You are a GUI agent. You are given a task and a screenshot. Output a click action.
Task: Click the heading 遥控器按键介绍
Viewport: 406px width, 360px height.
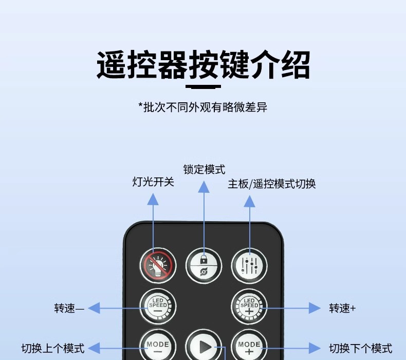click(203, 65)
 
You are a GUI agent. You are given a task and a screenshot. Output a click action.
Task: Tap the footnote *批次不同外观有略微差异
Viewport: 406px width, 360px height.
click(203, 107)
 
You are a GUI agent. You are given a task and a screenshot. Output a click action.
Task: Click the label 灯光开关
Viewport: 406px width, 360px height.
click(153, 182)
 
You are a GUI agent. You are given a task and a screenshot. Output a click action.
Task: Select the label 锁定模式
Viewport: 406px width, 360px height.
click(204, 170)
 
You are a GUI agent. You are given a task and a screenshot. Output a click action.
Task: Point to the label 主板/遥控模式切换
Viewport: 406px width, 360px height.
click(272, 184)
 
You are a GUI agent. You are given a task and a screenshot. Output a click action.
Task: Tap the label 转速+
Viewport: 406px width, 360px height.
click(342, 308)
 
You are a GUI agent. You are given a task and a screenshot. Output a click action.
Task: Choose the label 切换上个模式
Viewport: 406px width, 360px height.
click(52, 348)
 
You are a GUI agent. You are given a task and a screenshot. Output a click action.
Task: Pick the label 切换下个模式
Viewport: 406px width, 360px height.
click(360, 348)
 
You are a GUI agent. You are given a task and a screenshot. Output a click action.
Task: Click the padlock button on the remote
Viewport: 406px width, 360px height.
click(204, 265)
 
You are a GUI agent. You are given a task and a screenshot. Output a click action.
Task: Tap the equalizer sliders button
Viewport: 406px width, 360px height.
click(249, 265)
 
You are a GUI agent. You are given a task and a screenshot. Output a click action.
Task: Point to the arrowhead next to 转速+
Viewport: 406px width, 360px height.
click(315, 308)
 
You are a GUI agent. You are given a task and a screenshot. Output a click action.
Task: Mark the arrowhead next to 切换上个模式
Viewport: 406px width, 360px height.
click(94, 348)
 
